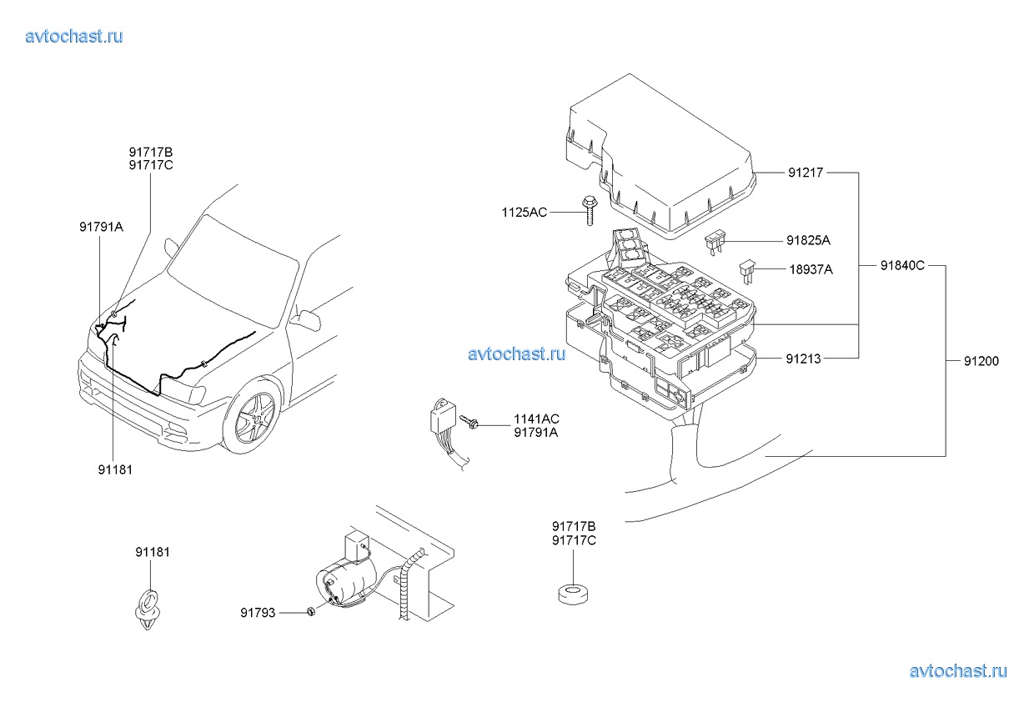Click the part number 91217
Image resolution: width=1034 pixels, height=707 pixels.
pyautogui.click(x=806, y=173)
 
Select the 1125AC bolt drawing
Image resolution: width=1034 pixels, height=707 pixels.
pyautogui.click(x=590, y=211)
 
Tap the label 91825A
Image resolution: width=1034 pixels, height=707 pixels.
pyautogui.click(x=808, y=240)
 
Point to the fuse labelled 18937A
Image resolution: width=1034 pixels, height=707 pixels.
pyautogui.click(x=747, y=272)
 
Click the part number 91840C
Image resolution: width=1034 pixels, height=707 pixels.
pyautogui.click(x=902, y=266)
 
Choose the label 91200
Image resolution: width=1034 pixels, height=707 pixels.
pyautogui.click(x=981, y=361)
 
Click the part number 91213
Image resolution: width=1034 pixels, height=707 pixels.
pyautogui.click(x=804, y=359)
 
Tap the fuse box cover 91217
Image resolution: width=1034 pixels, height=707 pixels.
pyautogui.click(x=660, y=157)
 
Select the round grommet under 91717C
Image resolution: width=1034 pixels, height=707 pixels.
pyautogui.click(x=574, y=594)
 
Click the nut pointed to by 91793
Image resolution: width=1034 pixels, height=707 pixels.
pyautogui.click(x=311, y=612)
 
